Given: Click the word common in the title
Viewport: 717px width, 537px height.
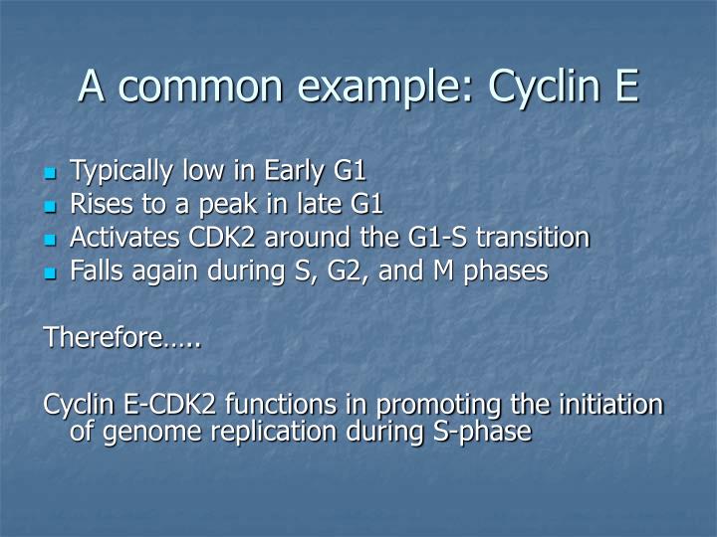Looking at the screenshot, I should point(199,87).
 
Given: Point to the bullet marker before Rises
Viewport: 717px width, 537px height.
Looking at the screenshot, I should point(51,207).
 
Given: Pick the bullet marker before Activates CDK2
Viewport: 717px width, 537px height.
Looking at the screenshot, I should point(51,240).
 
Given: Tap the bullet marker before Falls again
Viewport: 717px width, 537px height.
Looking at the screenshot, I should point(51,272).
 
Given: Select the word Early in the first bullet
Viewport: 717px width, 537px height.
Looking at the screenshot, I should point(289,173).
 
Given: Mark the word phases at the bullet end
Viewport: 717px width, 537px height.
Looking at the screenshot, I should point(506,271).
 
